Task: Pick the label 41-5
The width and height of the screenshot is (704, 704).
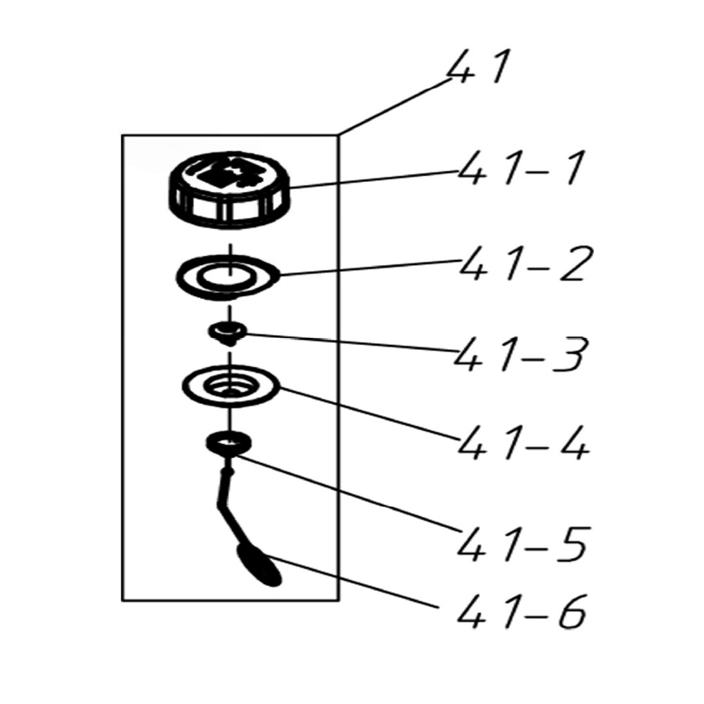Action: pyautogui.click(x=522, y=543)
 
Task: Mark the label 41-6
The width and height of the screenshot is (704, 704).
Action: pyautogui.click(x=521, y=613)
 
